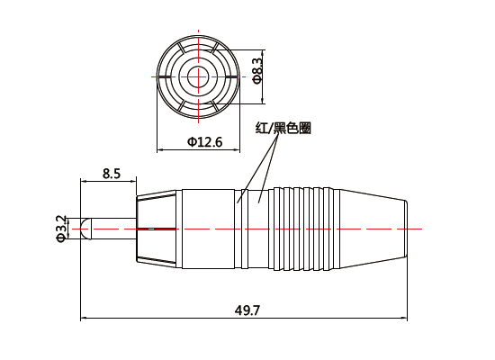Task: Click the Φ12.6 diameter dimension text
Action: coord(204,141)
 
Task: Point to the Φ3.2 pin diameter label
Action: coord(61,229)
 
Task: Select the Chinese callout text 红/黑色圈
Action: coord(283,129)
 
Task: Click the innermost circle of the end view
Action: coord(197,76)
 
